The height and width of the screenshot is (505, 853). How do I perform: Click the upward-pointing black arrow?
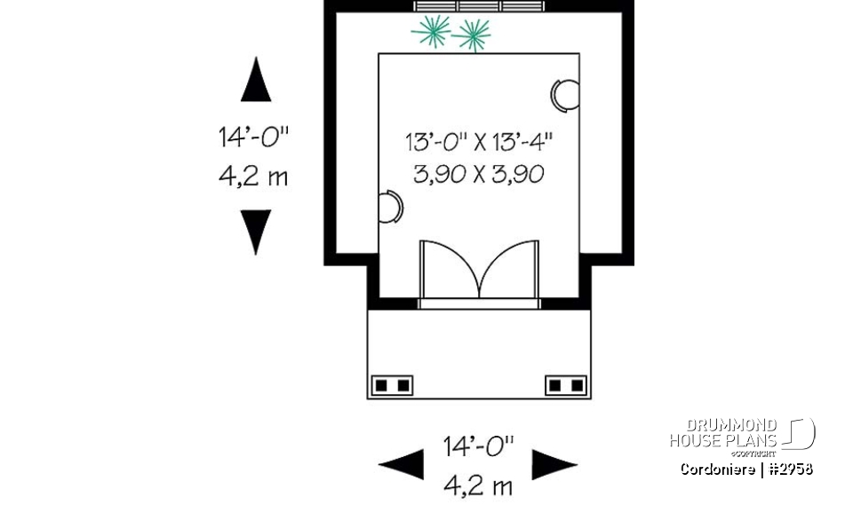(255, 81)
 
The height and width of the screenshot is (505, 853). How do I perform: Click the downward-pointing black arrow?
(255, 231)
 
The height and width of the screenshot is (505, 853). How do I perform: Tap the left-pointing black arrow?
(403, 464)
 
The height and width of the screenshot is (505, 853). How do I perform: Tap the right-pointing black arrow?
(554, 464)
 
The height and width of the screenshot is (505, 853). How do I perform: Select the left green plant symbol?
(431, 34)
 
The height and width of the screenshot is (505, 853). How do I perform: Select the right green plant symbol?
(471, 36)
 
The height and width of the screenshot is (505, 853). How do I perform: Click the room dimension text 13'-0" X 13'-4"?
(479, 141)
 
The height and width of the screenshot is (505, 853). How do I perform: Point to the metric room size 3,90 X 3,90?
(479, 174)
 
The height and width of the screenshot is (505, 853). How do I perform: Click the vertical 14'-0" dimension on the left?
(255, 138)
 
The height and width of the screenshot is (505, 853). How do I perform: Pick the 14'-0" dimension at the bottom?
(479, 446)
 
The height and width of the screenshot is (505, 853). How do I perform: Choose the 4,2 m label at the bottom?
(479, 485)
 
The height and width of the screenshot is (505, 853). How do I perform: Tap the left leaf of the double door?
(448, 267)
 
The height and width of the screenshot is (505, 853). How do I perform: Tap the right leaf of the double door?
(510, 267)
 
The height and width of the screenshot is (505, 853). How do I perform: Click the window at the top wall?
(479, 7)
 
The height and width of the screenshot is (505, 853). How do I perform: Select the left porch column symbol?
(392, 385)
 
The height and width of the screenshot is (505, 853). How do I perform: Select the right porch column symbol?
(566, 385)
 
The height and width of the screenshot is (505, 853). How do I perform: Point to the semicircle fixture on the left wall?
(390, 207)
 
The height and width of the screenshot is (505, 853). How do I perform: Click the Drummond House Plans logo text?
(724, 433)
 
